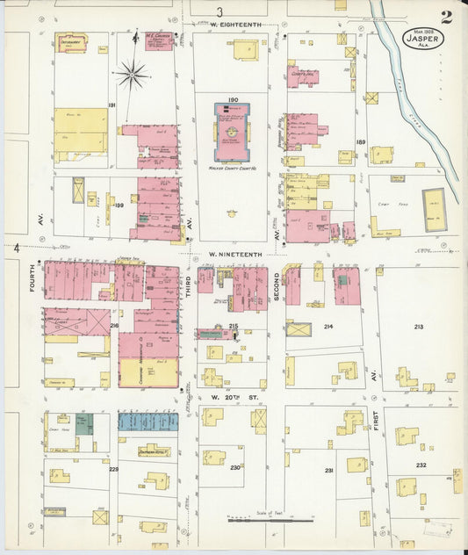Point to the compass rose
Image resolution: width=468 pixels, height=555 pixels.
(x=131, y=75)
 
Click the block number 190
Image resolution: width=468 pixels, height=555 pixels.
(x=233, y=100)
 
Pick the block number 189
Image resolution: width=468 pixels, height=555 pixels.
(x=360, y=141)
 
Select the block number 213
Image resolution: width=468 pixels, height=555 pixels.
(x=418, y=327)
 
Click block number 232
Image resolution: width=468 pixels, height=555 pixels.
(x=421, y=465)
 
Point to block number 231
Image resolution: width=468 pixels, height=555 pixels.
(x=328, y=471)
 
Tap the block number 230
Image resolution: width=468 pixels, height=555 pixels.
(x=234, y=467)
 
